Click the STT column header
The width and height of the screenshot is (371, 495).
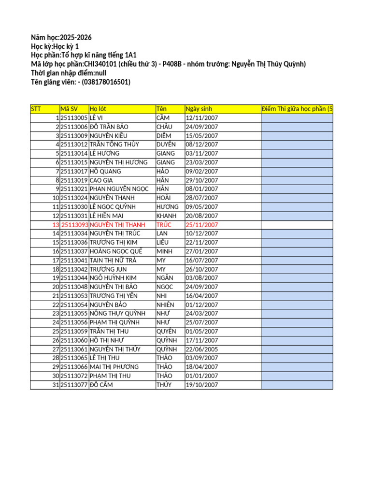tap(36, 109)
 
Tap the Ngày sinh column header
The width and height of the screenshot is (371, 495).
tap(199, 109)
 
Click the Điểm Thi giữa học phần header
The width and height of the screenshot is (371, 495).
tap(297, 109)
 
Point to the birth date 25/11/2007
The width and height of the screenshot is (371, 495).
tap(202, 225)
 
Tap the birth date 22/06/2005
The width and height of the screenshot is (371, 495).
tap(202, 349)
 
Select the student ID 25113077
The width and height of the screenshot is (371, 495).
tap(74, 385)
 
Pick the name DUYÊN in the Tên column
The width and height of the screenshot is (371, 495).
tap(166, 145)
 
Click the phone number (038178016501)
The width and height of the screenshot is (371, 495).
tap(106, 82)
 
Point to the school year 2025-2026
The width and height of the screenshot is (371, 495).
tap(76, 38)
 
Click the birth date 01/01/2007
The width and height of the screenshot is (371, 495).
tap(202, 376)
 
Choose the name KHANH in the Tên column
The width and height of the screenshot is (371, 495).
tap(166, 216)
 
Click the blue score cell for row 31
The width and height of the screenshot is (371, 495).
tap(297, 385)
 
